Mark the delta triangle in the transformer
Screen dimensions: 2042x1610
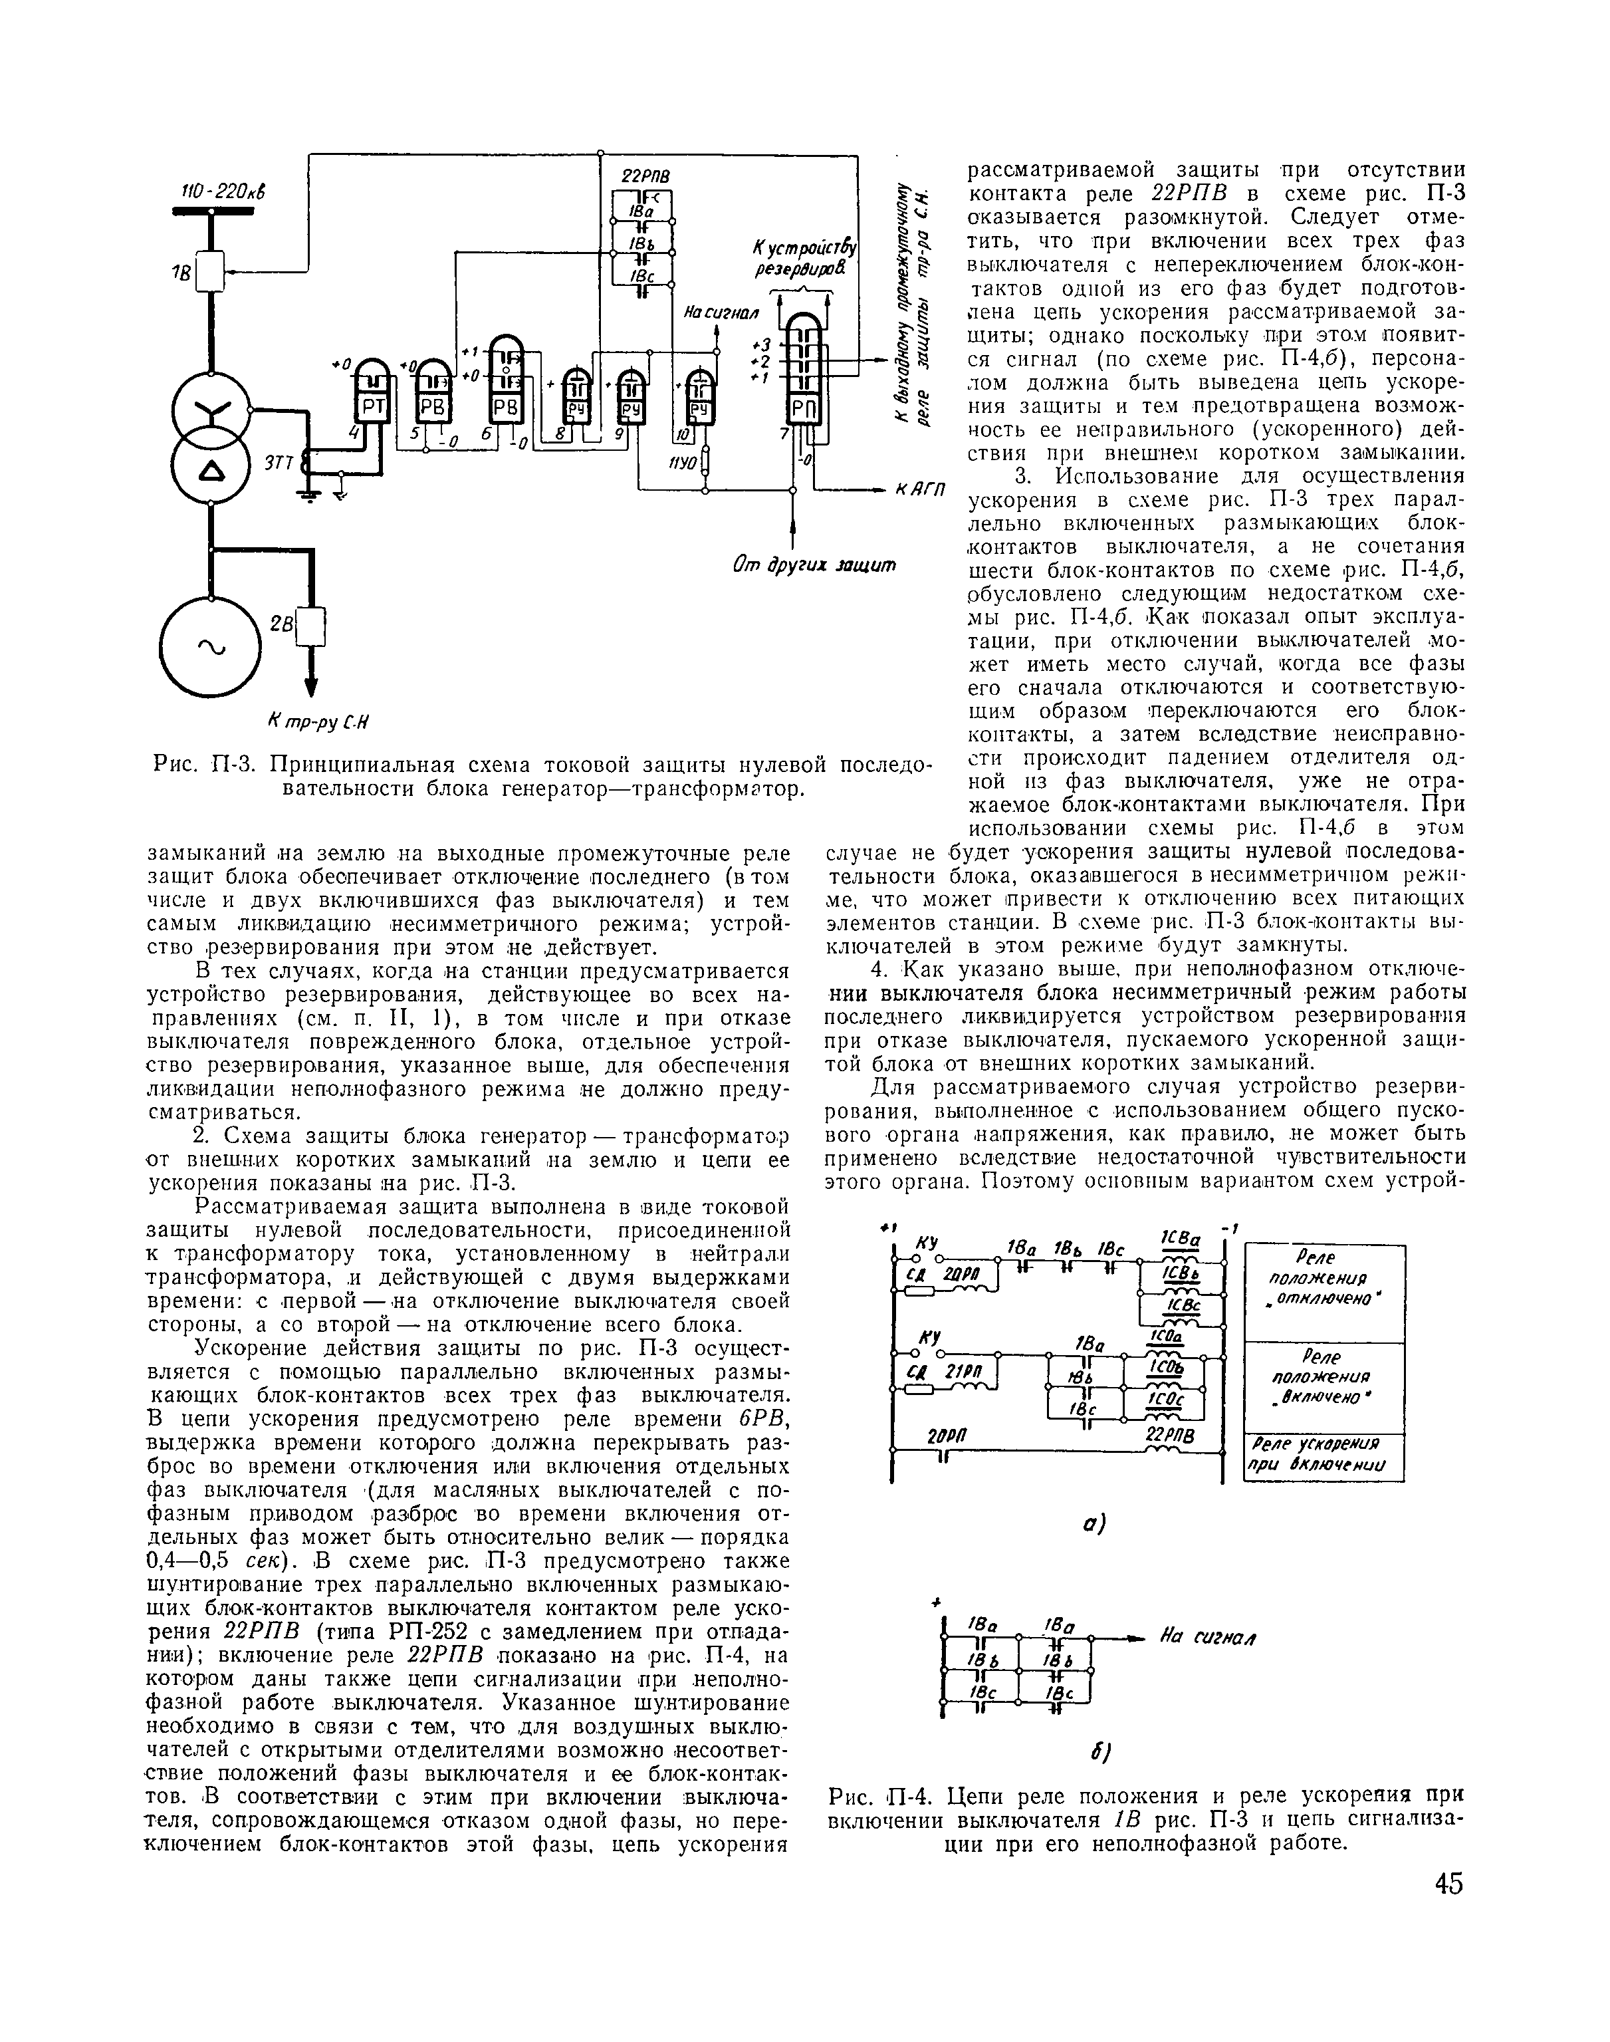pos(209,469)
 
